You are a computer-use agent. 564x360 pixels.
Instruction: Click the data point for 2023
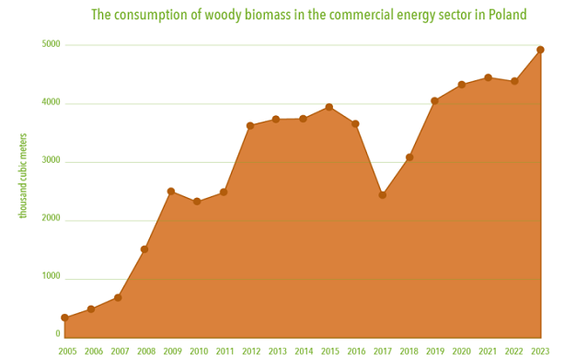tap(540, 50)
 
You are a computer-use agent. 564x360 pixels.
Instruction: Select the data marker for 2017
tap(382, 195)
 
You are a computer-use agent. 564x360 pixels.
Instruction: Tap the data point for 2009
tap(170, 192)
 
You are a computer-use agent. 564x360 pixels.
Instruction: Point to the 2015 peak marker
tap(329, 108)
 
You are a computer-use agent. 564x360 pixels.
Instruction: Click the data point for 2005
tap(64, 318)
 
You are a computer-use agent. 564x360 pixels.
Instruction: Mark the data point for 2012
tap(249, 125)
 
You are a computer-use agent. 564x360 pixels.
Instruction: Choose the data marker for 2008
tap(144, 250)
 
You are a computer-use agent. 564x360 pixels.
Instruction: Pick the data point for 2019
tap(434, 101)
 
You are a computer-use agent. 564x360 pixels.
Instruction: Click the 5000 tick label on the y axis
tap(52, 45)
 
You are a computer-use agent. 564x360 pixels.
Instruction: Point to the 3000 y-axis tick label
tap(52, 161)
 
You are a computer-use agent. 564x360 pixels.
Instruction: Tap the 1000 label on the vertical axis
tap(52, 277)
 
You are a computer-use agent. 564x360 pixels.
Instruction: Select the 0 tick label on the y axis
tap(58, 335)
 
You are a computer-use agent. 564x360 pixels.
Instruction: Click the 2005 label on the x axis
tap(67, 352)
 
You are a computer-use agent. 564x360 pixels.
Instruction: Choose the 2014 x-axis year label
tap(304, 352)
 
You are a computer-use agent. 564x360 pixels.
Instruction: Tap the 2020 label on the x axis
tap(461, 352)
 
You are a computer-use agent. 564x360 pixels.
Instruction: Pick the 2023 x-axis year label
tap(539, 352)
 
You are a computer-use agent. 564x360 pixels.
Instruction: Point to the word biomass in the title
tap(260, 15)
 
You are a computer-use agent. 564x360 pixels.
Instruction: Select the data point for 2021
tap(488, 77)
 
